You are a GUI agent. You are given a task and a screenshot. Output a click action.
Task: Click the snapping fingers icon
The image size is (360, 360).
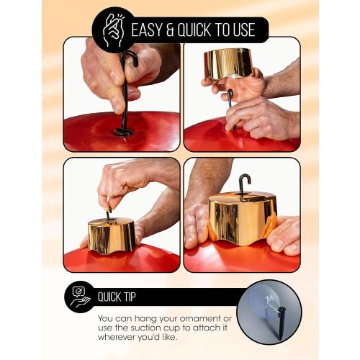(x=113, y=30)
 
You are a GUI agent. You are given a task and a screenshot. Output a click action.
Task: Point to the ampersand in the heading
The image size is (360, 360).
(x=170, y=30)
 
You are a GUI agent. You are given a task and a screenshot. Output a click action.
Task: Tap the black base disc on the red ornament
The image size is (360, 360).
(x=124, y=132)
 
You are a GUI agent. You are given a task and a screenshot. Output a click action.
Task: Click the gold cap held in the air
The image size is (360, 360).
(x=228, y=63)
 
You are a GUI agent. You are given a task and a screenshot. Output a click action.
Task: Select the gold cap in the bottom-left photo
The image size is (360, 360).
(x=112, y=235)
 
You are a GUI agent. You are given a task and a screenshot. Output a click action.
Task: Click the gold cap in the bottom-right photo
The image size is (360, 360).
(x=243, y=218)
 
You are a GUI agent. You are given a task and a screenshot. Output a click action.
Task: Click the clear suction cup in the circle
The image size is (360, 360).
(x=264, y=303)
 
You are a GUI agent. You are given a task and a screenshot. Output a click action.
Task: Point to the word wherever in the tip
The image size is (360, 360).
(x=117, y=337)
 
